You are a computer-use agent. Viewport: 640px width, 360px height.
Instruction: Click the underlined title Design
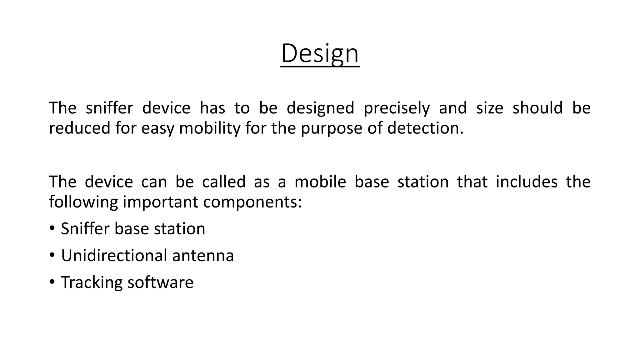point(320,54)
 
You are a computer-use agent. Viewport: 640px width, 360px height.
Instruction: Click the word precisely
point(397,108)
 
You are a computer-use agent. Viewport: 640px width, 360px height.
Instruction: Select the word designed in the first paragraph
point(320,108)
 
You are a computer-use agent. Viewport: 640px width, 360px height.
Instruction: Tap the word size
point(489,108)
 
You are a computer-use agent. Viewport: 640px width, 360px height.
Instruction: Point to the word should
point(537,108)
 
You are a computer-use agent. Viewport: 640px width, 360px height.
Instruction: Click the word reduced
point(80,128)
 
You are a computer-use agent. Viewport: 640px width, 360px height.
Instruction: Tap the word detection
point(425,128)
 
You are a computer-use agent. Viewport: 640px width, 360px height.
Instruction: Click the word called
point(224,182)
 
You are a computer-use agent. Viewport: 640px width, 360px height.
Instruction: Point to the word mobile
point(320,182)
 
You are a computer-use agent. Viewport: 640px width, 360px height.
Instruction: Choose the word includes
point(527,182)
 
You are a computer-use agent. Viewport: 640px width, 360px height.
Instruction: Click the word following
point(83,202)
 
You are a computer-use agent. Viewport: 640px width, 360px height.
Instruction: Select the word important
point(160,202)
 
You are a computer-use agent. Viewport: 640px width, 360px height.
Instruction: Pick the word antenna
point(203,256)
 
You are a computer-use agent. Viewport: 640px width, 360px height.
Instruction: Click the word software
point(160,282)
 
